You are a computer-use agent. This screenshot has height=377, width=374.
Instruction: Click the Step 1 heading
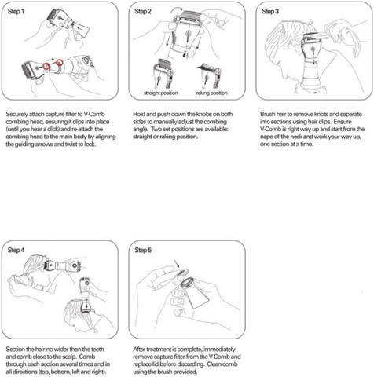tap(16, 12)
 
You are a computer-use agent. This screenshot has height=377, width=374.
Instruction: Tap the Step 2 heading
tap(143, 12)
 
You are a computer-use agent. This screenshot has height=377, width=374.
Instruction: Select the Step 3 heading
tap(270, 12)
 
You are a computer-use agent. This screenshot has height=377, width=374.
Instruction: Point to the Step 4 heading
tap(16, 250)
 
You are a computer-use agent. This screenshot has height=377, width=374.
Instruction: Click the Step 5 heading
tap(143, 250)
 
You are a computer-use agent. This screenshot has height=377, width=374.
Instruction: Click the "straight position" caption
tap(161, 93)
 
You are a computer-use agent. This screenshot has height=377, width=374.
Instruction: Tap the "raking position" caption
tap(212, 93)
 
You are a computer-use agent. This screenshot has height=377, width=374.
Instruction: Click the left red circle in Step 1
tap(46, 66)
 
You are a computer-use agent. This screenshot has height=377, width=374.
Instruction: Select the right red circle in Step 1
tap(60, 62)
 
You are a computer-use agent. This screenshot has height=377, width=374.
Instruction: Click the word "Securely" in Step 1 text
tap(16, 115)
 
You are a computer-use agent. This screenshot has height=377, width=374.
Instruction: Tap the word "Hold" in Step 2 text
tap(138, 114)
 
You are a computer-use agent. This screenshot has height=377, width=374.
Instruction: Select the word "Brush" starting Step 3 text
tap(267, 114)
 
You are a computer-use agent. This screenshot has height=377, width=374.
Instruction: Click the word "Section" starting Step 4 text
tap(16, 350)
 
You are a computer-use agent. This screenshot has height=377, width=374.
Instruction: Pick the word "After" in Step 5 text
tap(139, 350)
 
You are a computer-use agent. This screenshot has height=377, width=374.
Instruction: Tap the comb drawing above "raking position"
tap(210, 75)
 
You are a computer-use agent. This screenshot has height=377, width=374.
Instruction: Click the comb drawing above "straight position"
tap(163, 74)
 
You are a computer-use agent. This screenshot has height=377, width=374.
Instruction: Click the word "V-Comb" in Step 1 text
tap(94, 114)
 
